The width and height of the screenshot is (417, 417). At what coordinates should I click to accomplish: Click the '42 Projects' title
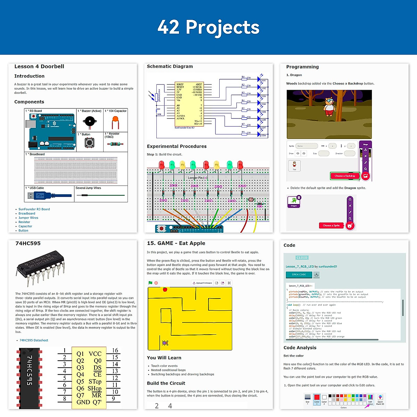click(208, 27)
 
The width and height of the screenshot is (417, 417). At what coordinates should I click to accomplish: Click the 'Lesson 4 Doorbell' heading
click(39, 66)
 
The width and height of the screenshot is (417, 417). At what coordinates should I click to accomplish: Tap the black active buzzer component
click(90, 122)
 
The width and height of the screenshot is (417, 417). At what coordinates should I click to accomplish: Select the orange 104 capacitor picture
click(115, 123)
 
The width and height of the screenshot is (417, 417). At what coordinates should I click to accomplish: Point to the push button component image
click(89, 142)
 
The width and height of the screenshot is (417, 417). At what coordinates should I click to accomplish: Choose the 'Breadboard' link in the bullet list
click(27, 214)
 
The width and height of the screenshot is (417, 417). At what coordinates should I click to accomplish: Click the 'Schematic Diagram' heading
click(170, 66)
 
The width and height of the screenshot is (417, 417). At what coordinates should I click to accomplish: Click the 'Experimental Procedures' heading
click(177, 146)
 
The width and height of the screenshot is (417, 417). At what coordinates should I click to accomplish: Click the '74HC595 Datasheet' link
click(34, 341)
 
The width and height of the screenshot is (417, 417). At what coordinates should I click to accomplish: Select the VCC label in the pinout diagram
click(95, 354)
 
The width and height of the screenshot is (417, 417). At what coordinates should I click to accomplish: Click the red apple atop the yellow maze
click(165, 289)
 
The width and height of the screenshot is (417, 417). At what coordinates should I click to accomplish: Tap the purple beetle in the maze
click(165, 343)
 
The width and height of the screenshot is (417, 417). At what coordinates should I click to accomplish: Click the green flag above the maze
click(150, 283)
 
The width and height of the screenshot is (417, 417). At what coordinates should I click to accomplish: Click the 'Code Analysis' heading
click(300, 347)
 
